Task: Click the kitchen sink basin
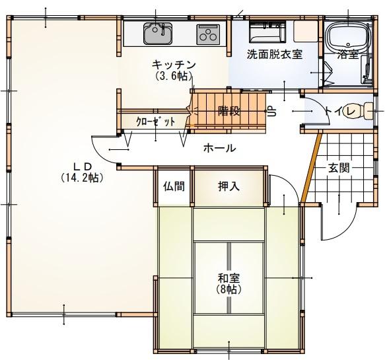tap(158, 34)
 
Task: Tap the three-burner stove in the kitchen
tap(208, 34)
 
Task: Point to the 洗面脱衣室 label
tap(274, 54)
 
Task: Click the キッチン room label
tap(174, 65)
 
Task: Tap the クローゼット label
tap(155, 122)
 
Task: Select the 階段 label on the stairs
tap(229, 111)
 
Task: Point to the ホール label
tap(219, 149)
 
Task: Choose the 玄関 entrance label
tap(339, 168)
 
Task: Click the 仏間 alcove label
tap(174, 186)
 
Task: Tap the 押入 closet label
tap(228, 186)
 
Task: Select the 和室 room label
tap(229, 278)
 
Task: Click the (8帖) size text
tap(228, 290)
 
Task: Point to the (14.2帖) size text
tap(82, 177)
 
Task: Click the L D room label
tap(83, 166)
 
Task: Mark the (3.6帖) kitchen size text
tap(174, 77)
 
